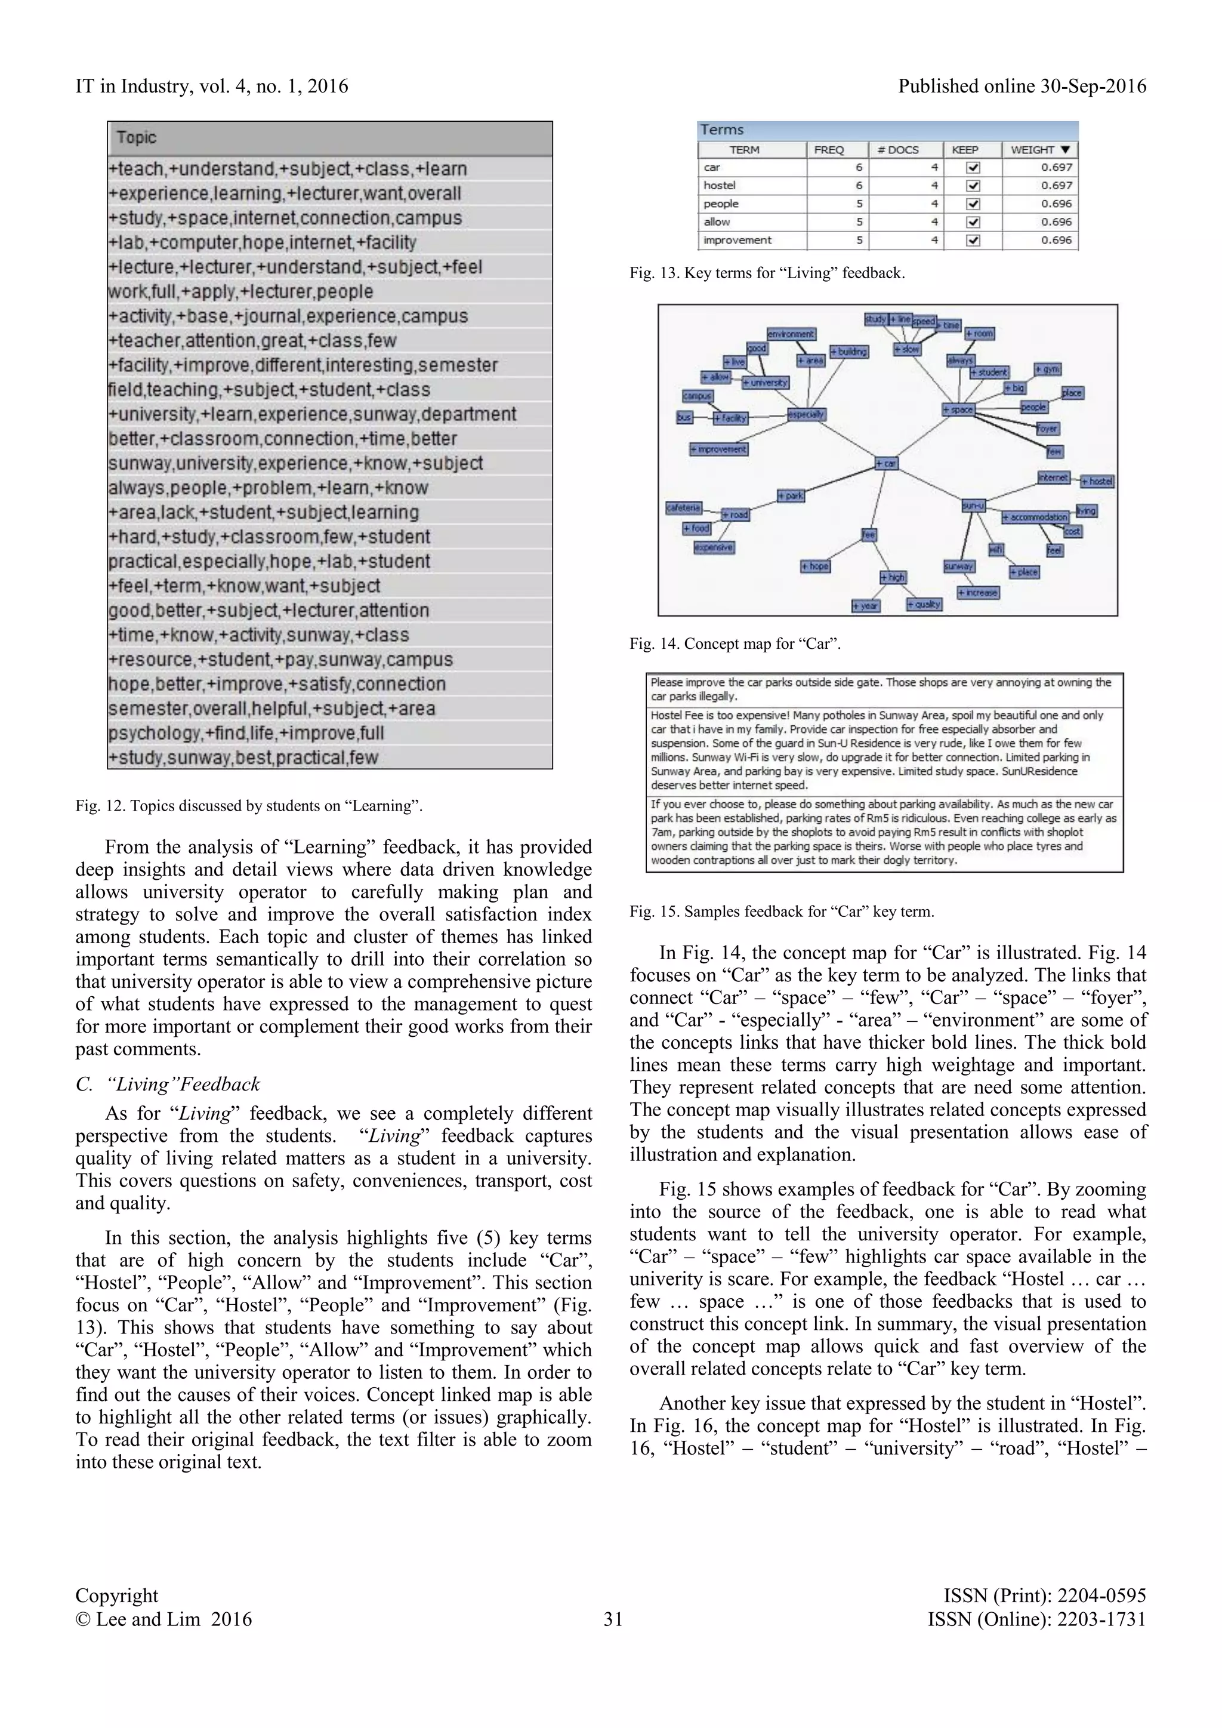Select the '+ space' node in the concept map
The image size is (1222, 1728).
click(x=958, y=409)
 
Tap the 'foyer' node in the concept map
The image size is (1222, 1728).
click(x=1047, y=428)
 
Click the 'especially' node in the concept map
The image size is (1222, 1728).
click(x=806, y=414)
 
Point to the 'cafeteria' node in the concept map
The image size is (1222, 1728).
click(x=683, y=508)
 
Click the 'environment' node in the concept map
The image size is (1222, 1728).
click(x=791, y=334)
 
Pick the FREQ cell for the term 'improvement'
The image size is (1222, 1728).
click(x=837, y=240)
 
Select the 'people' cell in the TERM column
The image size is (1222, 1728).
click(x=752, y=204)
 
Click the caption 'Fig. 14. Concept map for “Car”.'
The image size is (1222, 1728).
click(x=735, y=643)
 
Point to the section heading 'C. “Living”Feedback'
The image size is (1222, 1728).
click(x=168, y=1084)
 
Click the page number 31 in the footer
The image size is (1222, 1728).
click(x=613, y=1619)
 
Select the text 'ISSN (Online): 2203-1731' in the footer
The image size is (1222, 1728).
click(x=1036, y=1619)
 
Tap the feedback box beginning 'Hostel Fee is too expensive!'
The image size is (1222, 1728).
click(x=884, y=750)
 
